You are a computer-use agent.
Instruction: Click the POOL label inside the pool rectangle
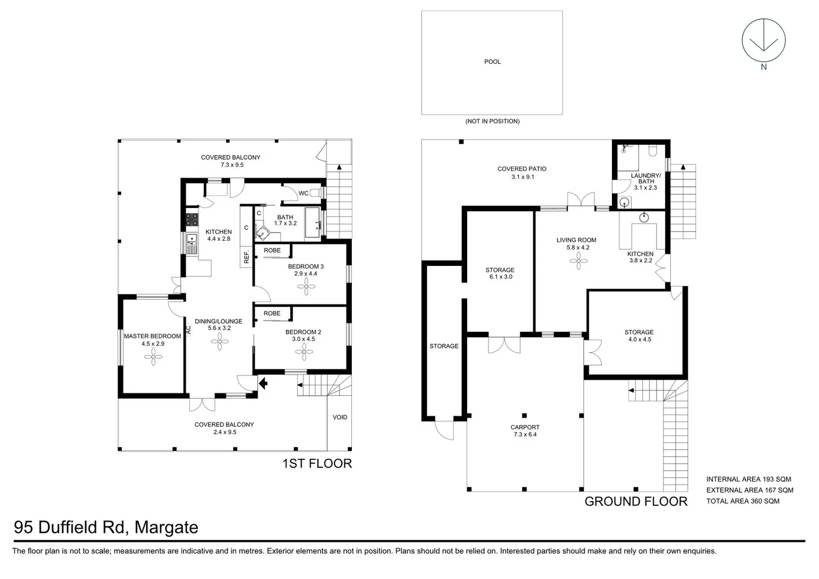pyautogui.click(x=492, y=62)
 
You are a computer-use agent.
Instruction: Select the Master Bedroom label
pyautogui.click(x=152, y=336)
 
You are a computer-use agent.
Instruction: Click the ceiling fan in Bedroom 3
pyautogui.click(x=306, y=287)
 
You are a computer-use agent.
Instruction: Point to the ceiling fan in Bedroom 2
pyautogui.click(x=304, y=352)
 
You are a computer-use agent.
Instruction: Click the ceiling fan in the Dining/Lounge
pyautogui.click(x=219, y=342)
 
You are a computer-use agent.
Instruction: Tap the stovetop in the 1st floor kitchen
pyautogui.click(x=191, y=219)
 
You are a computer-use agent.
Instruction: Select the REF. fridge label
pyautogui.click(x=246, y=257)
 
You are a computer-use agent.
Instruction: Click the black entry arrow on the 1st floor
pyautogui.click(x=263, y=383)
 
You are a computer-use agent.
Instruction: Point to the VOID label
pyautogui.click(x=340, y=417)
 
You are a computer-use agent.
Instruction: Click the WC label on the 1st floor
pyautogui.click(x=303, y=193)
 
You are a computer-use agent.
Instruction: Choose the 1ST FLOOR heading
pyautogui.click(x=317, y=464)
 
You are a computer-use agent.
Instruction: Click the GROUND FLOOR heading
pyautogui.click(x=636, y=502)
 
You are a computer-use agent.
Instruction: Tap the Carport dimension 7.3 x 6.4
pyautogui.click(x=525, y=434)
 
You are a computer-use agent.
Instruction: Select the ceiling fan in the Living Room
pyautogui.click(x=578, y=262)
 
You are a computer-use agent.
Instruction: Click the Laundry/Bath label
pyautogui.click(x=646, y=179)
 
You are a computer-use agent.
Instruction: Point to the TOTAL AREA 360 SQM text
pyautogui.click(x=742, y=501)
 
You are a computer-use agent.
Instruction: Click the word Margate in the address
pyautogui.click(x=166, y=528)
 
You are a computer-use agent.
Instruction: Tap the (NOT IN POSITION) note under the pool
pyautogui.click(x=492, y=121)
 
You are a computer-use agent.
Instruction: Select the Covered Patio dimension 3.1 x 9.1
pyautogui.click(x=522, y=177)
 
